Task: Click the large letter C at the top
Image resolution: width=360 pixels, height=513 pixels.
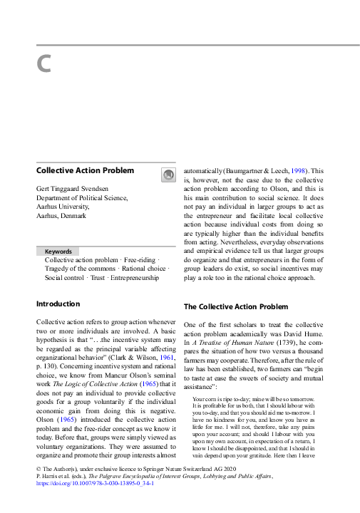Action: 43,64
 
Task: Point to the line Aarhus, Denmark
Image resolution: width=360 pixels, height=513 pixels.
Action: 61,215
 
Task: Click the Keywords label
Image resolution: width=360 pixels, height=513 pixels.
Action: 58,252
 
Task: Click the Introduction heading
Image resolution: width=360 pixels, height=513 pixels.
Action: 58,304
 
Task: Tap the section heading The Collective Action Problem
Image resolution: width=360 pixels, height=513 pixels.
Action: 236,307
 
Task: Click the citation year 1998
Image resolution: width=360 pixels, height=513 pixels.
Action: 299,171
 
